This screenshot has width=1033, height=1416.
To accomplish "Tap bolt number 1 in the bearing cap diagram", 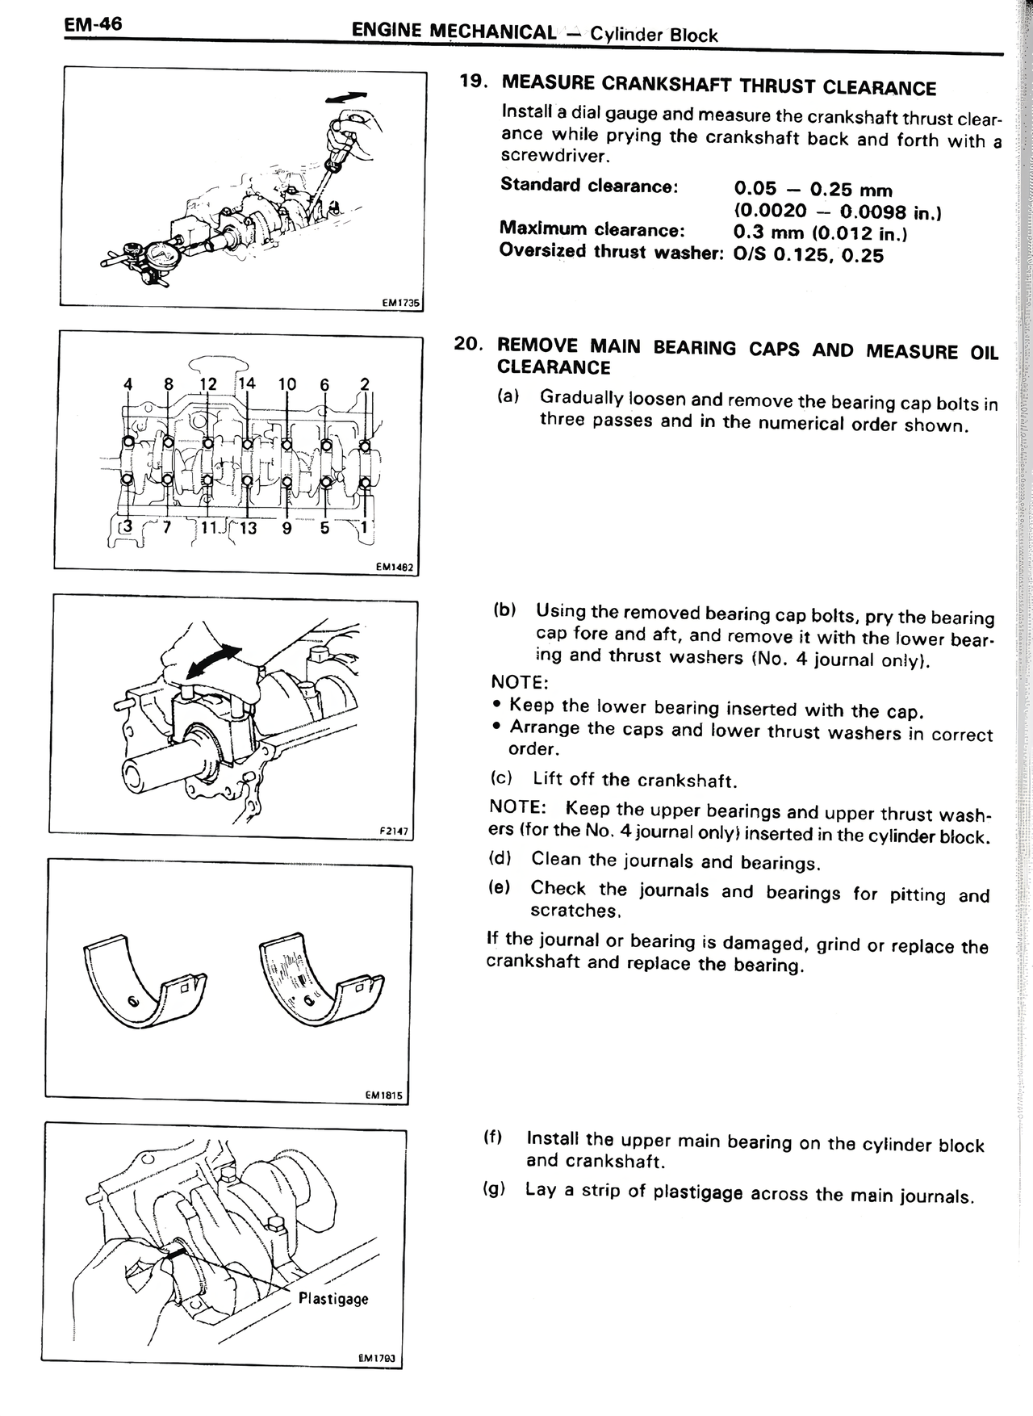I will pos(364,527).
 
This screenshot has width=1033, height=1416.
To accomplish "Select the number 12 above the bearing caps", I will pos(207,383).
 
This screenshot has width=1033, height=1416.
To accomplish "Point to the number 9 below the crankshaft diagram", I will pos(286,530).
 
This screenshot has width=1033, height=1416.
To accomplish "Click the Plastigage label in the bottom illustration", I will pos(333,1298).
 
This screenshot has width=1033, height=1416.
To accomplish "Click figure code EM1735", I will pos(402,303).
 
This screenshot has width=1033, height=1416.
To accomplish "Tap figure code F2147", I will pos(394,831).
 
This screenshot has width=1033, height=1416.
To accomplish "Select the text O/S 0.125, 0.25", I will pos(809,256).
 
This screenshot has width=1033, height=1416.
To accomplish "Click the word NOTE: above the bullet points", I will pos(519,682).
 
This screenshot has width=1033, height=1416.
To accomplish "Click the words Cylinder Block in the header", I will pos(654,35).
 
